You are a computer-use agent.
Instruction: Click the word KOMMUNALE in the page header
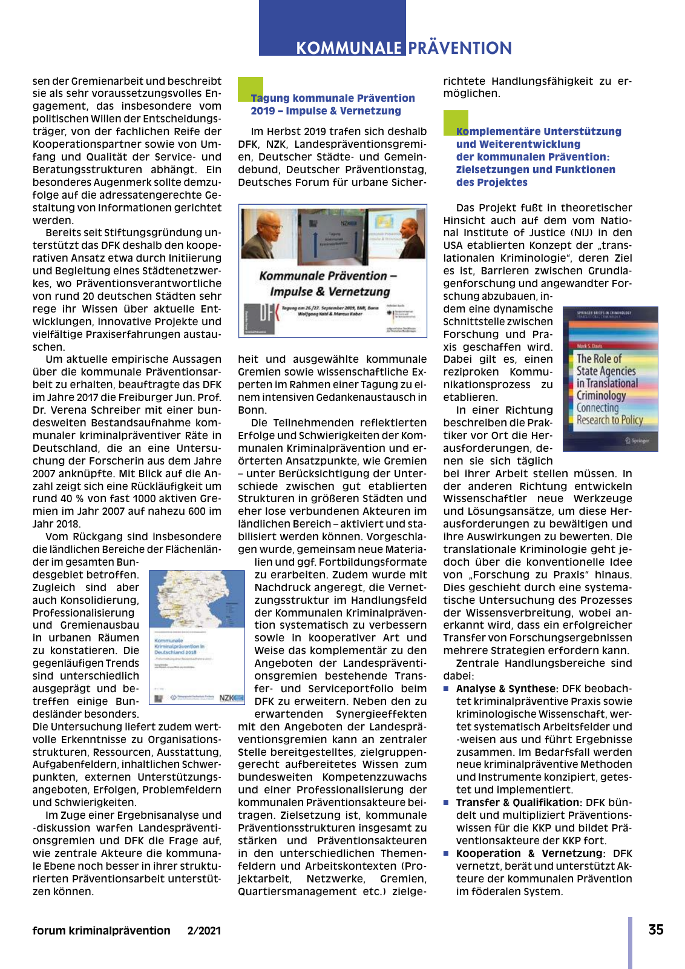[x=349, y=48]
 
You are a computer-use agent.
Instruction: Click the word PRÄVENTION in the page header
[x=460, y=48]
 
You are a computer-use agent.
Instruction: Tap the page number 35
[x=656, y=930]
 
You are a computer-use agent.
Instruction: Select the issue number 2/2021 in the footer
[x=204, y=931]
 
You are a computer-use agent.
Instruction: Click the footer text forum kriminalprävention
[x=101, y=931]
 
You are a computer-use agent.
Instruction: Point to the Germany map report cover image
[x=197, y=637]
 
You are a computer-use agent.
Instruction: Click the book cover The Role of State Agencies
[x=610, y=379]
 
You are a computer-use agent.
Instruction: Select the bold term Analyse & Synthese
[x=506, y=689]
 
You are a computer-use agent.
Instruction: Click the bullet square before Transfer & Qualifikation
[x=446, y=802]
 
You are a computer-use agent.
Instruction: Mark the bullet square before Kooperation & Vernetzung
[x=446, y=853]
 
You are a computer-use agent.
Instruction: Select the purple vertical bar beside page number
[x=630, y=942]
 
